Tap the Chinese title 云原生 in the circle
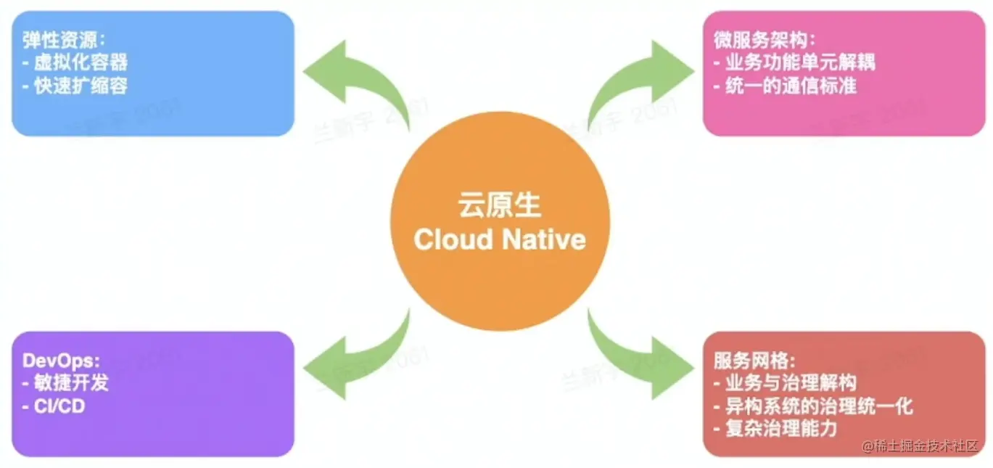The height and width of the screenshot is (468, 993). tap(500, 205)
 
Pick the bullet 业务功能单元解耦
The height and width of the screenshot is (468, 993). tap(795, 62)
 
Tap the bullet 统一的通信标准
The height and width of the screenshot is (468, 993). tap(786, 85)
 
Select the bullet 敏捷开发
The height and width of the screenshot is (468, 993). tap(66, 382)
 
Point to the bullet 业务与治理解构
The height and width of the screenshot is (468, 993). tap(786, 382)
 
